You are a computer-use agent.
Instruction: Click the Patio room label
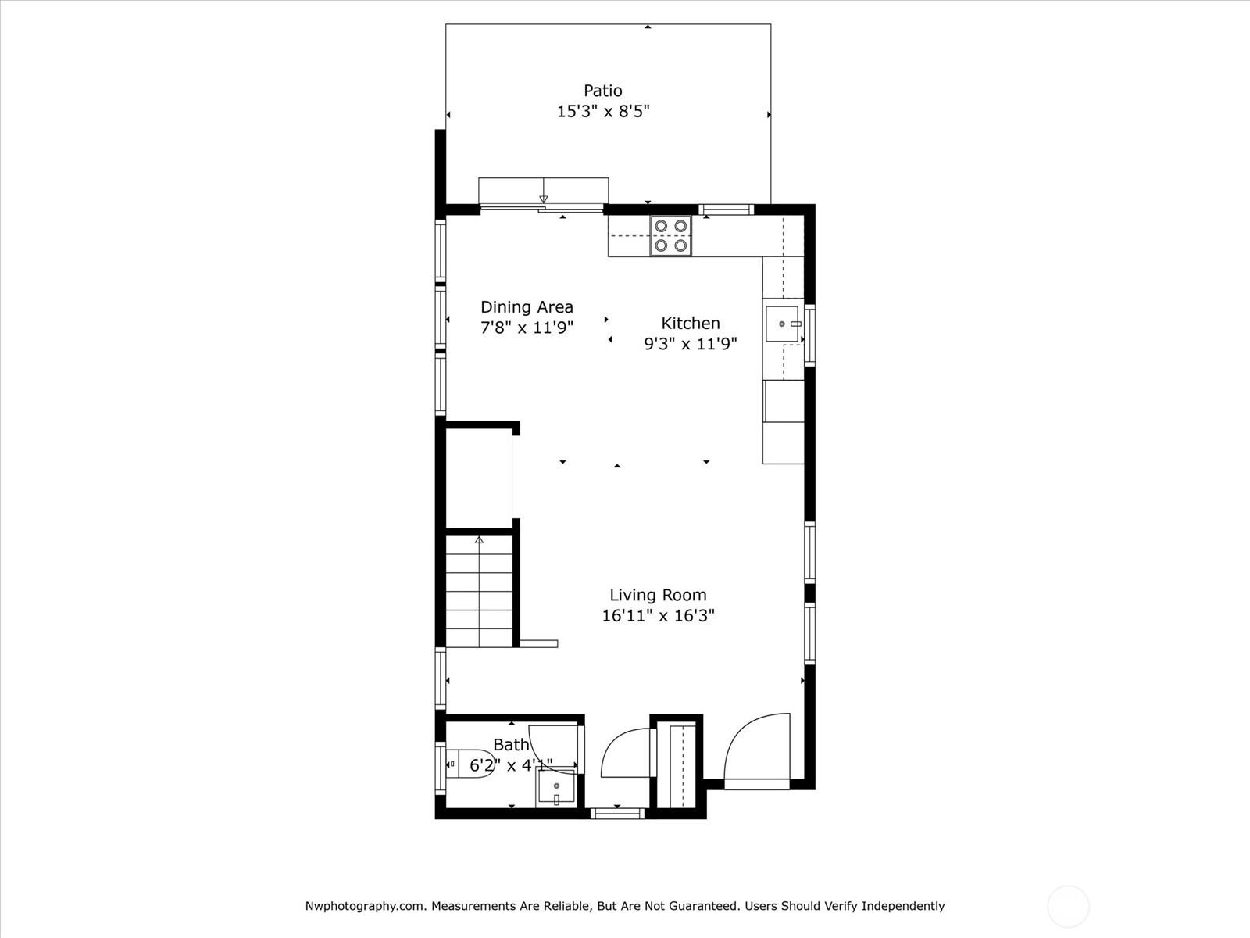pos(602,91)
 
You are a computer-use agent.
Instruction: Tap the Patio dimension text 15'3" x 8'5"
pos(603,111)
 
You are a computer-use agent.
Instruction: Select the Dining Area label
pos(527,307)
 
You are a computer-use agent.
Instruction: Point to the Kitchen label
pos(690,323)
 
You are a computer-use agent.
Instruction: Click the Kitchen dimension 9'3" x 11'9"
pos(690,344)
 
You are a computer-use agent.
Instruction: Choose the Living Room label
pos(658,595)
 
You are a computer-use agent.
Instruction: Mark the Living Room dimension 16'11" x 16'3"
pos(658,616)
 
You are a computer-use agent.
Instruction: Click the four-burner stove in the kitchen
pos(671,236)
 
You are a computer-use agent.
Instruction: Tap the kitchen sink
pos(783,324)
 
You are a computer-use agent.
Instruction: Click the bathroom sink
pos(555,788)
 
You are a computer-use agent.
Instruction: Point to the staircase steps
pos(479,591)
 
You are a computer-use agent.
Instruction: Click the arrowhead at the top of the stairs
pos(479,540)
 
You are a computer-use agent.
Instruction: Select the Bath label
pos(512,744)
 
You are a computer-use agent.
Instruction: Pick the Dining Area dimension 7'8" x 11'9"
pos(527,328)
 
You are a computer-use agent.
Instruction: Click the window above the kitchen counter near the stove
pos(726,209)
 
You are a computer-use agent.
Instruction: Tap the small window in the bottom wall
pos(617,813)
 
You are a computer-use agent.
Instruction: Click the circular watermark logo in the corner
pos(1068,906)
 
